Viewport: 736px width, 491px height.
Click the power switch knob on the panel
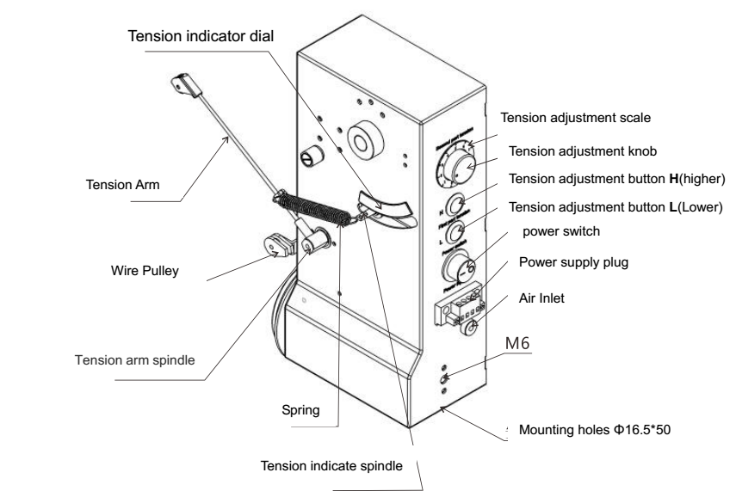click(x=457, y=267)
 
